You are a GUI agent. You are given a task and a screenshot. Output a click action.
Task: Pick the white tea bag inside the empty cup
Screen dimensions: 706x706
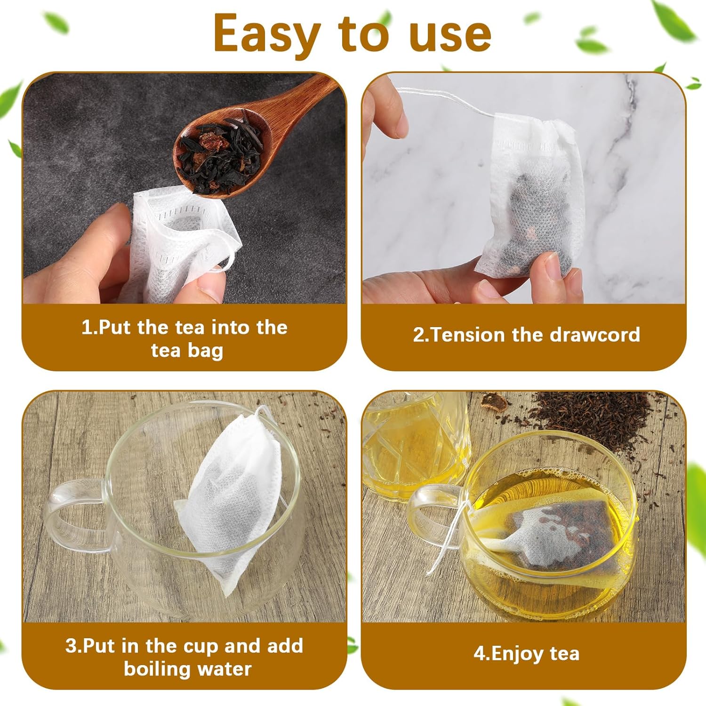coord(231,501)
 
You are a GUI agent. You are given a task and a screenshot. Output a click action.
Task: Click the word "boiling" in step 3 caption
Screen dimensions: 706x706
coord(155,669)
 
